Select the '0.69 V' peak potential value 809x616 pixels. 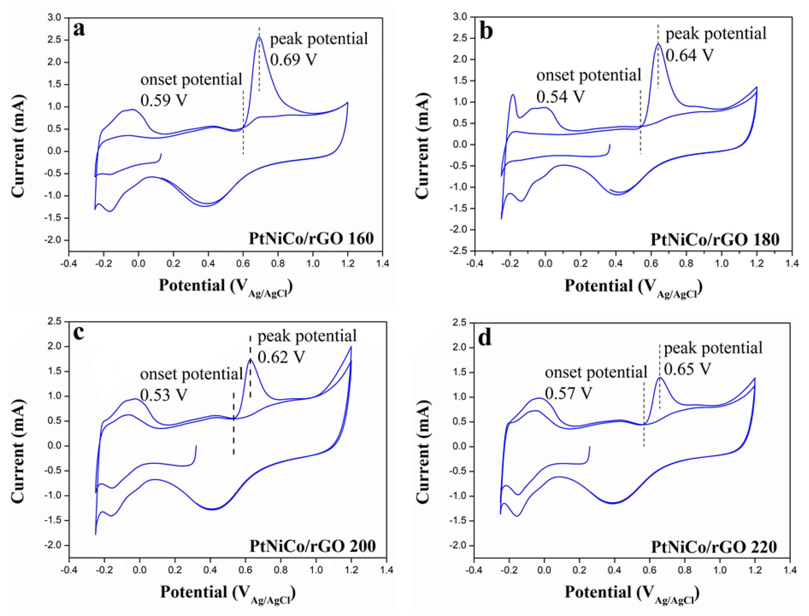click(293, 59)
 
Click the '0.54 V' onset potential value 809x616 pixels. click(560, 96)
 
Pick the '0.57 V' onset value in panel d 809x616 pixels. click(568, 393)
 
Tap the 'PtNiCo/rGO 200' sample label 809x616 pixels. click(313, 546)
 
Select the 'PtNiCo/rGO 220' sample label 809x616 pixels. click(714, 547)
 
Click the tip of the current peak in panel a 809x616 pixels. click(259, 37)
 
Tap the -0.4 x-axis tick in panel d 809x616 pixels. click(474, 570)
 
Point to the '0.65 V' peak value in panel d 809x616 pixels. click(687, 369)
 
